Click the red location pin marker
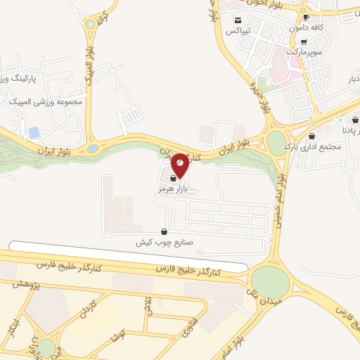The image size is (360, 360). click(x=180, y=165)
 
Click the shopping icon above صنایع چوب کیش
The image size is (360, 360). click(x=165, y=231)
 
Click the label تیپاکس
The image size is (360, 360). click(x=238, y=32)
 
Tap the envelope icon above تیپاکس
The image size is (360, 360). click(x=238, y=20)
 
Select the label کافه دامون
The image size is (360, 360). click(x=307, y=27)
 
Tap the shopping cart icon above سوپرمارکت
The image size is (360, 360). click(x=303, y=41)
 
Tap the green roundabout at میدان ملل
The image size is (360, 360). click(x=271, y=282)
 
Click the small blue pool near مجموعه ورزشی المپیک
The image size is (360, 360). click(x=34, y=132)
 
